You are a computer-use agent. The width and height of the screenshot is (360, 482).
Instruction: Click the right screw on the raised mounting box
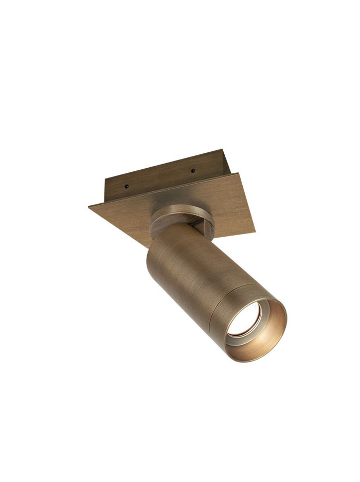tap(193, 170)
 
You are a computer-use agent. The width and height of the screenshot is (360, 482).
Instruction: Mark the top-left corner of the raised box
tap(105, 178)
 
